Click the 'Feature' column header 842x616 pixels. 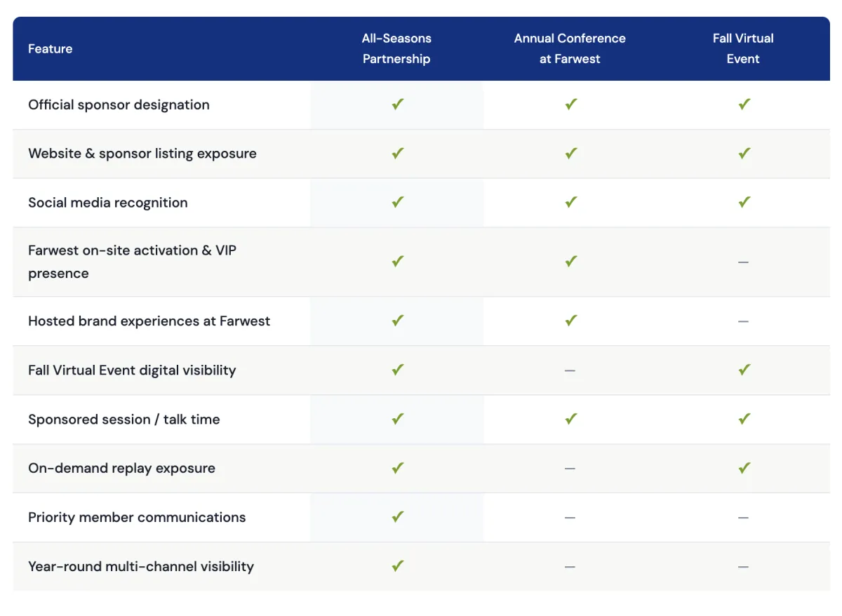(x=51, y=49)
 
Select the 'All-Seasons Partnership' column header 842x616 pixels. (x=396, y=48)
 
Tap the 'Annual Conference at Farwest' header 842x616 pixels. (x=570, y=48)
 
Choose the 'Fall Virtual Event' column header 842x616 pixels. (x=743, y=48)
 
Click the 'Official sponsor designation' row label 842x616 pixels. (x=119, y=105)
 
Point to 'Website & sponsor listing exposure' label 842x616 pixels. (x=142, y=154)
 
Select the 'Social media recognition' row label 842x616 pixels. (x=108, y=203)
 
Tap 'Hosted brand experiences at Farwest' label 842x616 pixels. (x=149, y=321)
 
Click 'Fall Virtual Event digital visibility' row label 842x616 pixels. (x=132, y=370)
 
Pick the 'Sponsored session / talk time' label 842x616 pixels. (x=124, y=420)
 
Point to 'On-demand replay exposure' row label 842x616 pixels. (x=121, y=469)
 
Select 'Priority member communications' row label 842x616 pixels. (x=137, y=518)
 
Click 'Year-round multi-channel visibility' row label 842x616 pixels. (x=141, y=567)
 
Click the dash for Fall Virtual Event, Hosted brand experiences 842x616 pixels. (x=743, y=321)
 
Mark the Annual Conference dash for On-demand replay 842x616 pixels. (x=570, y=469)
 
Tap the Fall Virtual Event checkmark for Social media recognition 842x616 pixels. (x=744, y=202)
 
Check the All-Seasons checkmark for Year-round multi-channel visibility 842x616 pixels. (x=397, y=565)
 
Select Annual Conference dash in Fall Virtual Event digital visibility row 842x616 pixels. (x=570, y=370)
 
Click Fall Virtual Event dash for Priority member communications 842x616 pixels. (x=743, y=518)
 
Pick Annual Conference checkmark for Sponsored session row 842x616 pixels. (x=570, y=419)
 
